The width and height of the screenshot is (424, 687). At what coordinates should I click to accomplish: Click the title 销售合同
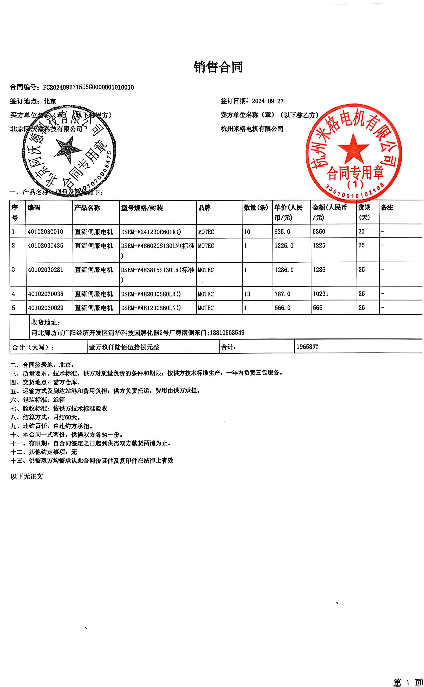218,67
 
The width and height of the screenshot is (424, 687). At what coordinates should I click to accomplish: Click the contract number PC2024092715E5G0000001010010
88,87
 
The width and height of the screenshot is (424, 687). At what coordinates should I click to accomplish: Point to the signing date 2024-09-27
268,101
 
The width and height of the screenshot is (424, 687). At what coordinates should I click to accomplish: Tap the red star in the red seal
353,149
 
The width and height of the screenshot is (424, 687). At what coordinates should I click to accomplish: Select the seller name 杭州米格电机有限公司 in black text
252,129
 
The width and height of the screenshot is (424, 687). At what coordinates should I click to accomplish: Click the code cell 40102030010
45,232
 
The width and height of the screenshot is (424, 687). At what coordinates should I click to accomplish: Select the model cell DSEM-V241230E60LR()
151,232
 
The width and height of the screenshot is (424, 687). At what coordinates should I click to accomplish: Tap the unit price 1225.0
284,246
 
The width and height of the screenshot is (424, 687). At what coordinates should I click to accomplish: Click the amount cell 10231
321,294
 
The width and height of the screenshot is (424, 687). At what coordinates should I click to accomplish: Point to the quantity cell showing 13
247,294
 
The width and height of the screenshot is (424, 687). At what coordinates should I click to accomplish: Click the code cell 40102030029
45,308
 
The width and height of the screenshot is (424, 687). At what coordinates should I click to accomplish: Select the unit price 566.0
282,308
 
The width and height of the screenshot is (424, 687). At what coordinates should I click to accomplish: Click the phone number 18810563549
227,333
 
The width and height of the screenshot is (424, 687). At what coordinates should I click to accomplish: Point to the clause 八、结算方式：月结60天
45,417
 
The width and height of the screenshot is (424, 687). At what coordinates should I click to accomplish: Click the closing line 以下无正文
27,477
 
